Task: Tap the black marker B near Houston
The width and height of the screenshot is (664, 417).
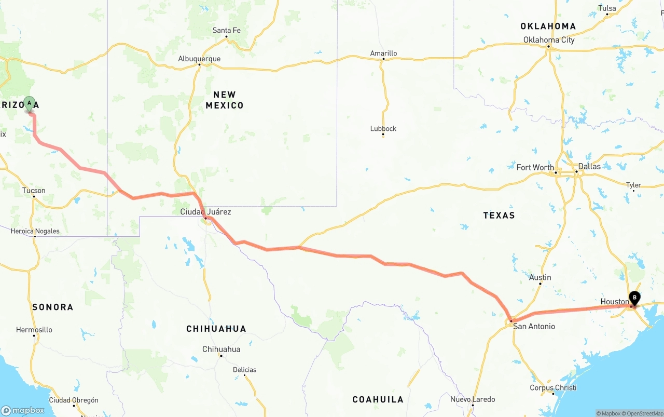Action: [634, 298]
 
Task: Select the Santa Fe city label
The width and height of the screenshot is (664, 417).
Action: [226, 31]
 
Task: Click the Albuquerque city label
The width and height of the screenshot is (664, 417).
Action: [199, 59]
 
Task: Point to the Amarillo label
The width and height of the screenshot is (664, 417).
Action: [383, 53]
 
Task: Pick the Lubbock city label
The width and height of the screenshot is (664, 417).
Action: [383, 128]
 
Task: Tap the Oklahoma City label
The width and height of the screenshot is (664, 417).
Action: [549, 40]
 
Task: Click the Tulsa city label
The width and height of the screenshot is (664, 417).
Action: [607, 8]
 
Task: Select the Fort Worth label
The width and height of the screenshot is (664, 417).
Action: [535, 167]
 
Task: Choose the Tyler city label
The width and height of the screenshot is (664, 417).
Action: [633, 185]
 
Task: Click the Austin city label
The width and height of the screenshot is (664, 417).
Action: [540, 277]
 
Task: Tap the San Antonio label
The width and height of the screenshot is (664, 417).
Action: [534, 326]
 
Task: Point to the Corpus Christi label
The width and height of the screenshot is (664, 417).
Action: [553, 387]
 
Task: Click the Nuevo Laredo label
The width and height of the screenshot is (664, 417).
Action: [472, 399]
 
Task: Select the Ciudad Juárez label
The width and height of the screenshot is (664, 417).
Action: [205, 212]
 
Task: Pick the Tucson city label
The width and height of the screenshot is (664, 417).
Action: [34, 191]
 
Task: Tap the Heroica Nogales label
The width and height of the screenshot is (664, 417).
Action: [35, 231]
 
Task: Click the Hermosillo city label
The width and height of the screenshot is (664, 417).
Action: [34, 330]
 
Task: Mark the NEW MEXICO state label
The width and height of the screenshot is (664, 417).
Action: [225, 100]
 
